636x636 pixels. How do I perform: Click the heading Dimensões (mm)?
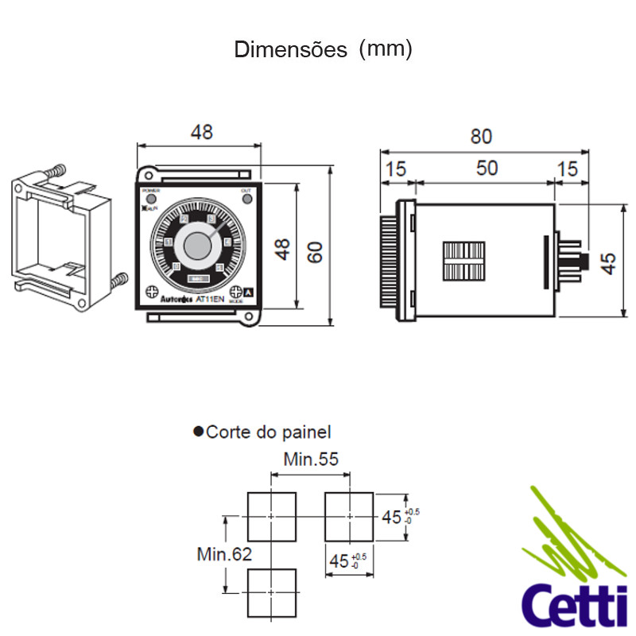[x=323, y=49]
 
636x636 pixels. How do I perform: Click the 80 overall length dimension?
[x=481, y=136]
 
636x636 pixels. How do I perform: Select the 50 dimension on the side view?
[x=487, y=168]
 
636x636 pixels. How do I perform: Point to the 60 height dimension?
[x=316, y=253]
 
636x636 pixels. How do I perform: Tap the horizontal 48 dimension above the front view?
[x=202, y=132]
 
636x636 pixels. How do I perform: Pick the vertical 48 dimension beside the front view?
[x=283, y=249]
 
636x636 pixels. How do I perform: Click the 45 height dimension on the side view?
[x=609, y=263]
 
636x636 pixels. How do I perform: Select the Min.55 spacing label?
[x=311, y=459]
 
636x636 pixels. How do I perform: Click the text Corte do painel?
[x=268, y=432]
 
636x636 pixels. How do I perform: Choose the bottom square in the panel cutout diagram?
[x=272, y=592]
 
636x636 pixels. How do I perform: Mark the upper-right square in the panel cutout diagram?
[x=349, y=516]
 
